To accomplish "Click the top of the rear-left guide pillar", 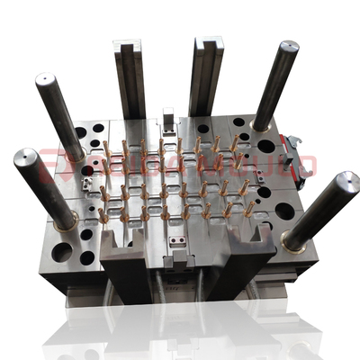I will coord(45,82).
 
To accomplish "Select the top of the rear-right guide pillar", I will coord(289,48).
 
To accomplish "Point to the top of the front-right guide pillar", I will coord(345,181).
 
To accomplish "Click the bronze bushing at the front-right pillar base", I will coord(291,240).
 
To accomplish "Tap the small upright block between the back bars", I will coord(168,120).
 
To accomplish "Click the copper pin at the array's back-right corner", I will coord(236,140).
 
